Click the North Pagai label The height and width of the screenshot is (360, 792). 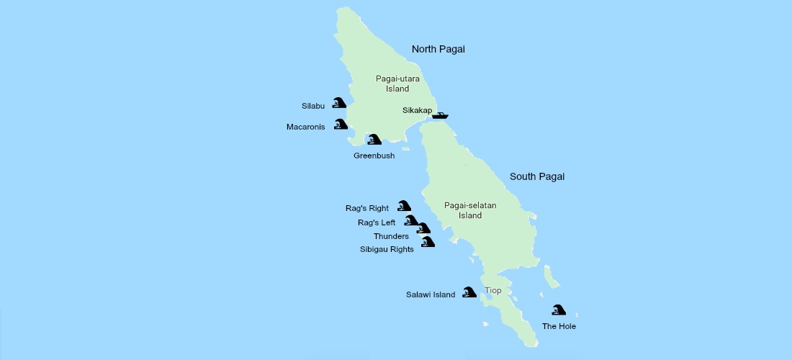[x=438, y=49]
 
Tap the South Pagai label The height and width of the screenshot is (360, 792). [x=536, y=176]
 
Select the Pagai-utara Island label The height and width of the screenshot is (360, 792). [x=392, y=84]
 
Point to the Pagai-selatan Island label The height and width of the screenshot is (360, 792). [x=470, y=210]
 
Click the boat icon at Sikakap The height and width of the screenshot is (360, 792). [x=440, y=114]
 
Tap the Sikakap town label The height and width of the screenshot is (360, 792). [x=417, y=110]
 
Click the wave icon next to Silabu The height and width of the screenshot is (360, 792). [x=338, y=103]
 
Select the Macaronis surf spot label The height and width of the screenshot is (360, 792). [x=305, y=127]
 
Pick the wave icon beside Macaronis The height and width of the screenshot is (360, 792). [x=340, y=125]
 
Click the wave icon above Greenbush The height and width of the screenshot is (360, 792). [x=374, y=139]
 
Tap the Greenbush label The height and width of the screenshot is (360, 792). [x=374, y=156]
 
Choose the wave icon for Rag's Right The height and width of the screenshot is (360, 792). [x=404, y=206]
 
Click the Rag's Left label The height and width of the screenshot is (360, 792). [x=377, y=222]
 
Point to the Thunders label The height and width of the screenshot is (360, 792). [x=391, y=236]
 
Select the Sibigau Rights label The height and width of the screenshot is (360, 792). [x=387, y=249]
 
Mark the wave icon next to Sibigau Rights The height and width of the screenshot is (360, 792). [x=428, y=242]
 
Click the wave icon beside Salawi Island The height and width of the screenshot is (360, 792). [x=469, y=292]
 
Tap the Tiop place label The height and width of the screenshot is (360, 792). [x=493, y=291]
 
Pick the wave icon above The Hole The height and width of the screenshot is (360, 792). [x=558, y=310]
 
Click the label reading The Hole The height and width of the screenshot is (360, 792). [x=559, y=326]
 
